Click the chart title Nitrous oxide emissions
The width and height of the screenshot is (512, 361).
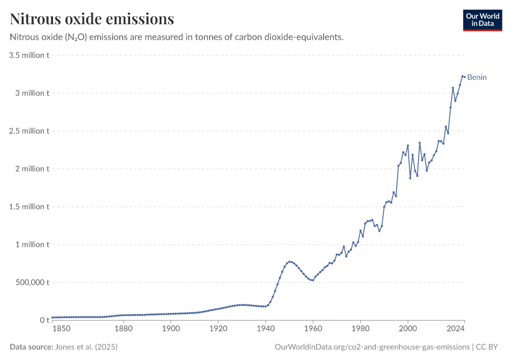[92, 19]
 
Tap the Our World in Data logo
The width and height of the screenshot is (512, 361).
[482, 20]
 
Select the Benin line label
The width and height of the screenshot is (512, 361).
[477, 77]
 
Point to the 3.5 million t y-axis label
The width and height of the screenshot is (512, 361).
[29, 55]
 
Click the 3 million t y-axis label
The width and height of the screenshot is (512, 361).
[31, 93]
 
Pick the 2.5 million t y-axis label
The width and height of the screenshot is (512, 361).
[29, 131]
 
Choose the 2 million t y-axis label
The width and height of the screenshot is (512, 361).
[31, 169]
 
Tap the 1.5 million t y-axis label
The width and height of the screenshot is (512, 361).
[29, 207]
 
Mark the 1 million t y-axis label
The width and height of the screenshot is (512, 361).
[31, 245]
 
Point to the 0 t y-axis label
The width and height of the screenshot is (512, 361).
[44, 320]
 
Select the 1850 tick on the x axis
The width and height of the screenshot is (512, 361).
[61, 329]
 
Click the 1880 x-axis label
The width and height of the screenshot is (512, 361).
[123, 329]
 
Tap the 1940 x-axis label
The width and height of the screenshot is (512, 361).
[266, 329]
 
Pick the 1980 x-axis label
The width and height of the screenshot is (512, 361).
[360, 329]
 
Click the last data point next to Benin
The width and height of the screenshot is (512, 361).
[464, 77]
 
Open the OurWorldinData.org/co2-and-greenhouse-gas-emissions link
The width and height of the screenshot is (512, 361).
[372, 347]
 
